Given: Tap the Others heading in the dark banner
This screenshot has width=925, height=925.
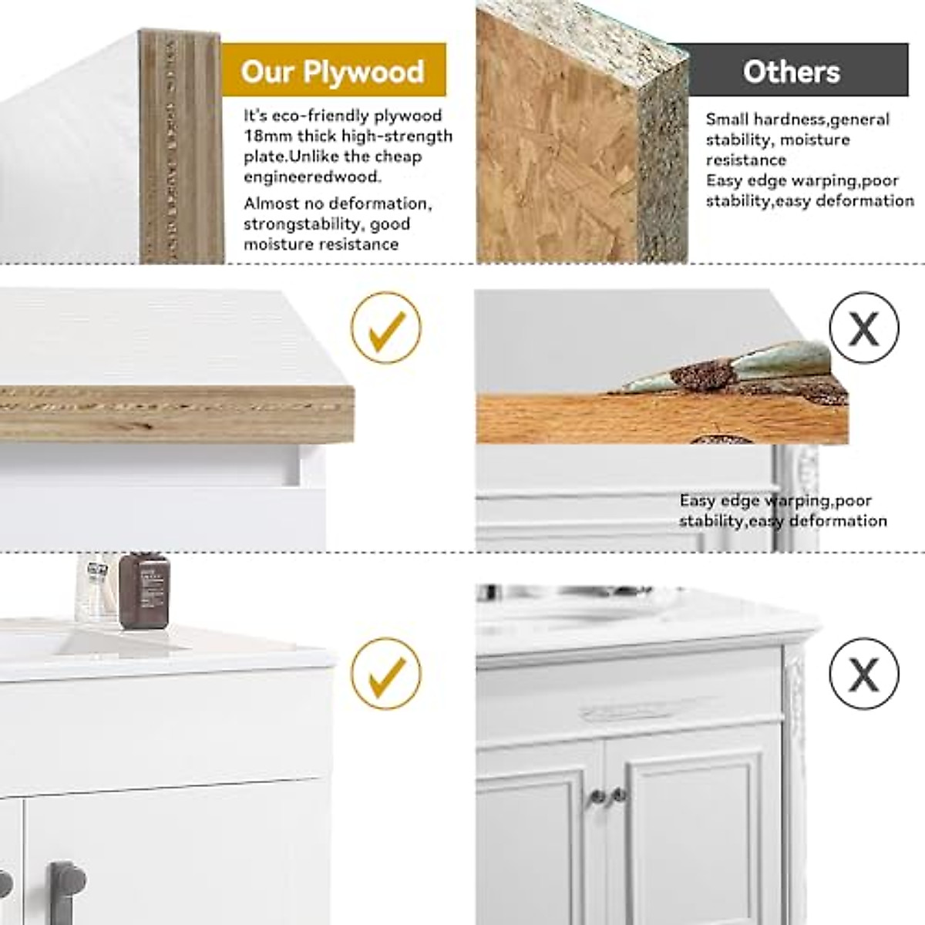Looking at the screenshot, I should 791,72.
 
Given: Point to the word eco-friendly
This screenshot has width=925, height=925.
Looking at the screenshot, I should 319,116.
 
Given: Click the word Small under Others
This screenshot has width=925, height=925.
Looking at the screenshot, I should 727,119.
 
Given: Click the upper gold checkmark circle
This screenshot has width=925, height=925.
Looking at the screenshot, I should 386,328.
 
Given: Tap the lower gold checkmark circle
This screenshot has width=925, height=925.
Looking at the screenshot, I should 386,673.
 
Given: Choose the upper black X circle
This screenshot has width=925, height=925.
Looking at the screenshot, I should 864,328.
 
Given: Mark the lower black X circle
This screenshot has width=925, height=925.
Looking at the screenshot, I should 864,673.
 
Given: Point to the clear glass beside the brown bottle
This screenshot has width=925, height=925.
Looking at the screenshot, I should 95,586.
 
